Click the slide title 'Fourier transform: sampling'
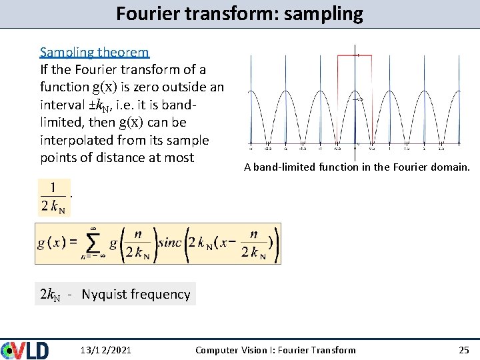(239, 14)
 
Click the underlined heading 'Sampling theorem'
(94, 52)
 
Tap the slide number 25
(464, 350)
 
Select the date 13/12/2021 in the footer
(105, 350)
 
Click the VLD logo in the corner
(25, 350)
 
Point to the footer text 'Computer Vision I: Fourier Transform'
(275, 350)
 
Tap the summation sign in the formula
(95, 244)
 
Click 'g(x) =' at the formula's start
(57, 243)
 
